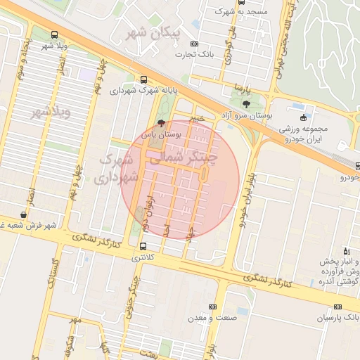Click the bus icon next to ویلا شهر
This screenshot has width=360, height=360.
(55, 34)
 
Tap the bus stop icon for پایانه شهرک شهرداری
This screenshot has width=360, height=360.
(144, 79)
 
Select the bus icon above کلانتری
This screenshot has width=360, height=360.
(143, 246)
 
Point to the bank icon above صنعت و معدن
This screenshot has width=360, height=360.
(212, 307)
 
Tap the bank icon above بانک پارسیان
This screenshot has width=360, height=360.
(338, 307)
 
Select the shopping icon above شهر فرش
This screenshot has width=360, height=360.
(24, 215)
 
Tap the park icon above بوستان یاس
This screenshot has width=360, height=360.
(162, 122)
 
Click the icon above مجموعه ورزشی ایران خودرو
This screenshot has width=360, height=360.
(303, 117)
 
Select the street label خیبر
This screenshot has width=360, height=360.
(199, 118)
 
